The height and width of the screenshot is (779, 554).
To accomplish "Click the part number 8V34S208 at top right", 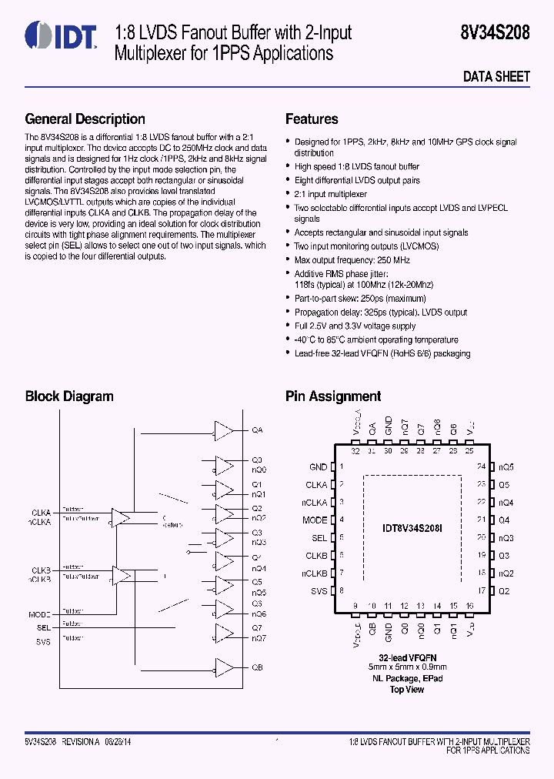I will [x=496, y=33].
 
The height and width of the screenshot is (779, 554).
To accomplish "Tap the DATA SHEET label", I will [x=496, y=76].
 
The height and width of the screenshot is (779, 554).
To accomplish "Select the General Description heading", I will [x=85, y=119].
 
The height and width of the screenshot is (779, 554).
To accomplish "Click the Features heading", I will [x=312, y=119].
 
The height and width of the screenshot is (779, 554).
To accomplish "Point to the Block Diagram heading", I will [x=69, y=396].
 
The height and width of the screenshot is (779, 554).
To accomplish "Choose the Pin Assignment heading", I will [x=333, y=396].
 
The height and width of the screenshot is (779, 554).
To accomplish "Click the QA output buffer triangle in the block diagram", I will [x=223, y=430].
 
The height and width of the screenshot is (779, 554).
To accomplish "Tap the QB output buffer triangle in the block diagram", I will [x=223, y=667].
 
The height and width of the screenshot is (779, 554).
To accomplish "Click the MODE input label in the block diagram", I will [x=40, y=615].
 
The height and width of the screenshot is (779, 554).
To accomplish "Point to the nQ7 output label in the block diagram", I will [x=259, y=638].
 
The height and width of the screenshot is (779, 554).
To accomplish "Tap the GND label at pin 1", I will [x=318, y=467].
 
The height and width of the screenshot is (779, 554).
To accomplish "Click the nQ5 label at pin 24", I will [x=506, y=467].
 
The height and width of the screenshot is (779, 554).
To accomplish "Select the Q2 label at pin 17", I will [x=504, y=591].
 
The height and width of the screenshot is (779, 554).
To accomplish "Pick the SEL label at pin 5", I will [x=319, y=538].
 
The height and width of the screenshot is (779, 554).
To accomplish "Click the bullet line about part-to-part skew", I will [x=360, y=299].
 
